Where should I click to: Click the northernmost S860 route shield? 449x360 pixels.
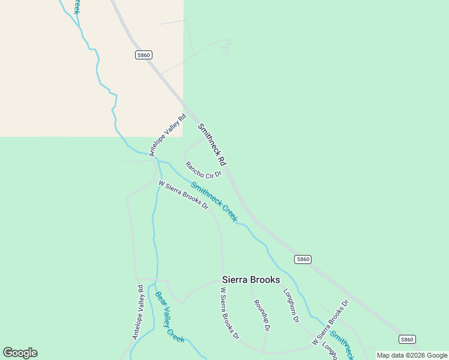point(143,55)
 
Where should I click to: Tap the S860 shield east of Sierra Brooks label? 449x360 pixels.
point(303,259)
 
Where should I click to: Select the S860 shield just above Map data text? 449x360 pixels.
point(407,339)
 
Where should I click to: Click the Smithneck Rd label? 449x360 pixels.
point(212,145)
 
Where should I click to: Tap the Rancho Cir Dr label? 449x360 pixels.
point(203,170)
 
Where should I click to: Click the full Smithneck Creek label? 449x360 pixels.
point(214,202)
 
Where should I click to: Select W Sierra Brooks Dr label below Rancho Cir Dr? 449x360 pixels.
point(183,195)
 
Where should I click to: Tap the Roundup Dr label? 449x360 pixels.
point(262,315)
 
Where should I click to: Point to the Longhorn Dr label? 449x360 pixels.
point(291,305)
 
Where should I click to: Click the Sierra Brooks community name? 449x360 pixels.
point(251,280)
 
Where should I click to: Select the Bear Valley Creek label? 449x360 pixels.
point(170,316)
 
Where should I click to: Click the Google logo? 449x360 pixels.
point(20,353)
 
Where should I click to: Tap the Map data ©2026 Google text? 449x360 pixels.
point(412,355)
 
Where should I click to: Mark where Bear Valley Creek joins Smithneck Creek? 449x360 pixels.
point(157,160)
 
